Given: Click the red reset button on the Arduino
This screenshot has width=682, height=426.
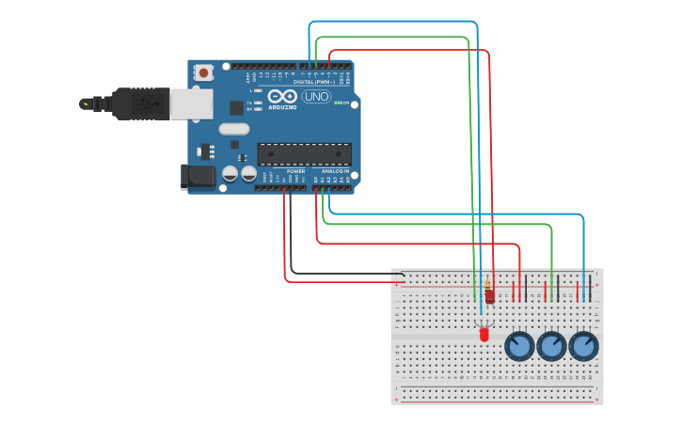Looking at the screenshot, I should coord(203,71).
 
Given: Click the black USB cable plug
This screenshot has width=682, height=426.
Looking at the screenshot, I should coord(141,103).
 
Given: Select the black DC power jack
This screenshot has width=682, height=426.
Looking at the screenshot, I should coord(198,175).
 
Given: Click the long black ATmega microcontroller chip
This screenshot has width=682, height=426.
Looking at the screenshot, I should coord(304,154).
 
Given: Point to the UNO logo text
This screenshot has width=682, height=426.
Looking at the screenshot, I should coord(316,97).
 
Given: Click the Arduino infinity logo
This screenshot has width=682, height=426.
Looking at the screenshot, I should coord(282,96).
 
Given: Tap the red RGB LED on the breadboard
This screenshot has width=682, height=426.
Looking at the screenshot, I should coord(484,334).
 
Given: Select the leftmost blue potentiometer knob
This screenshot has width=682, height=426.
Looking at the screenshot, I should coord(519,346).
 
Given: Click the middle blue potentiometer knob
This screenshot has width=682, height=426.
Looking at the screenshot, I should coord(551,346).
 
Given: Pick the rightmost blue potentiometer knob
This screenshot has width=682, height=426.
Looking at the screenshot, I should coord(583,346).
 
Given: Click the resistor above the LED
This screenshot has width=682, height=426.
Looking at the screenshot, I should coord(489,295).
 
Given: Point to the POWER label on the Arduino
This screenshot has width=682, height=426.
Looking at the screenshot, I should coord(295,171).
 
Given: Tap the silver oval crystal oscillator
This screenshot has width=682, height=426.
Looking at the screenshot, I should coord(234,129).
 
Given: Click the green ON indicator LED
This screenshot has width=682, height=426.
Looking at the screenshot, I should coord(338,103).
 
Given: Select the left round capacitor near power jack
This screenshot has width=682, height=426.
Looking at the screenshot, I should coord(230,174).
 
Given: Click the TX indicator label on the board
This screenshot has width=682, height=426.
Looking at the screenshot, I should coord(249,103).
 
